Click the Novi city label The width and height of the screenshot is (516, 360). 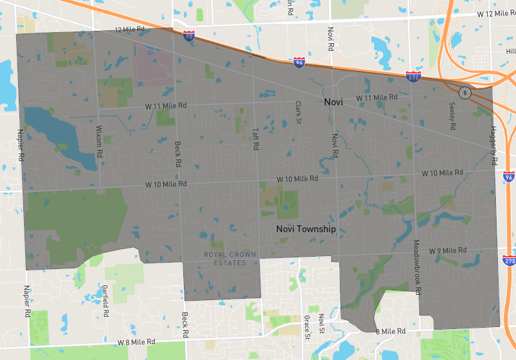point(333,103)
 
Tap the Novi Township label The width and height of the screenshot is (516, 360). point(306,229)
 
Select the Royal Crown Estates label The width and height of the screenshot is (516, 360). point(230,259)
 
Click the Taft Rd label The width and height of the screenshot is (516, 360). point(255,139)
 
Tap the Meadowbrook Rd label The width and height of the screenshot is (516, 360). point(417,267)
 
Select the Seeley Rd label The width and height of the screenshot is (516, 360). point(452,117)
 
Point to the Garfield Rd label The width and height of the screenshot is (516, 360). point(105,301)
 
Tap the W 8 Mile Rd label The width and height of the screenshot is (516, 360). point(136,341)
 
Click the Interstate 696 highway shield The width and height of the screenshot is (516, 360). point(413,77)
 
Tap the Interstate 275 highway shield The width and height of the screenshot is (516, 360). point(510,261)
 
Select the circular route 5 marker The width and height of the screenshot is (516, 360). point(464,93)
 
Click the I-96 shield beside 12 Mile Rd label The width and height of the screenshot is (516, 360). point(188,37)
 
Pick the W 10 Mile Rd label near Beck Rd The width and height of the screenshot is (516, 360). point(166,185)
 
